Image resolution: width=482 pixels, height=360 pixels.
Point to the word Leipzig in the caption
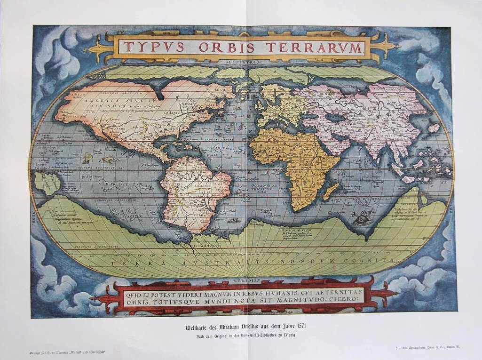(x=287, y=334)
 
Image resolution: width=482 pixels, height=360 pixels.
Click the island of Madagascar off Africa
(x=331, y=191)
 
